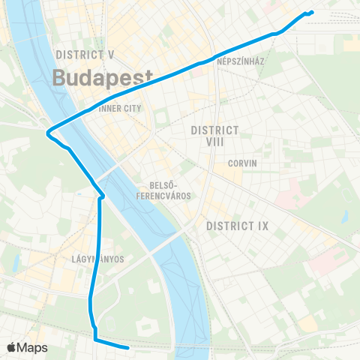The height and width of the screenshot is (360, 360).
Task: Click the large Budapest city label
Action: point(103,77)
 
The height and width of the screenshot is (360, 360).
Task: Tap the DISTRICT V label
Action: point(85,55)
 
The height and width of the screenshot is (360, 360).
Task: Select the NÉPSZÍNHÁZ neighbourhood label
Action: point(239,61)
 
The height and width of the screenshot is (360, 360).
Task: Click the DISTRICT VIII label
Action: point(214,135)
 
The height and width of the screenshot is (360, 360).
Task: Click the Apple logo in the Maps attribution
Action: point(12,347)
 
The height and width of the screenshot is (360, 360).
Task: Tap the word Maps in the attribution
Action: point(34,347)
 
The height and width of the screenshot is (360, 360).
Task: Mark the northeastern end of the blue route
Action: point(311,11)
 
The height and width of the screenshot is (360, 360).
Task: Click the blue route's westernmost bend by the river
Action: point(48,134)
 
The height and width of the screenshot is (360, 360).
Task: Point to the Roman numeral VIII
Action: point(214,141)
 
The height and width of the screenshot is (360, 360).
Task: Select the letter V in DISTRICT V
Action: point(110,55)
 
